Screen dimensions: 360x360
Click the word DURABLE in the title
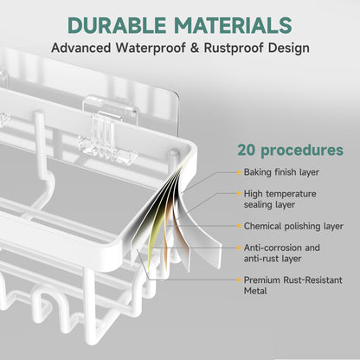pos(117,25)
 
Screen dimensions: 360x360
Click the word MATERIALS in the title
pos(233,25)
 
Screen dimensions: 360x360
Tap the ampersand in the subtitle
pos(195,48)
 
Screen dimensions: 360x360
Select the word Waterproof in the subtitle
pos(151,48)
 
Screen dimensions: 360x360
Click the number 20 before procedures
pos(247,150)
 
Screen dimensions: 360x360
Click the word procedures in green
pos(302,151)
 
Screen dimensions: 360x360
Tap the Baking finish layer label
pos(281,172)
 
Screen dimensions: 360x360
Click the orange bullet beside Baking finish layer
pos(239,172)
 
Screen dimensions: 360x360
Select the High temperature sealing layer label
pos(280,199)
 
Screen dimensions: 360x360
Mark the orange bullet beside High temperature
pos(239,194)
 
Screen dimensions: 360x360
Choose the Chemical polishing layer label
pos(293,226)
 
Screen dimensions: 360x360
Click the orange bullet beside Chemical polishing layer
pos(239,226)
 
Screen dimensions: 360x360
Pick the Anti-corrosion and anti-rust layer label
pos(282,253)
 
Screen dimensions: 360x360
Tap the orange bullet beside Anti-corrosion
pos(239,247)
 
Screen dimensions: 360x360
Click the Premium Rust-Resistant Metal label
pos(292,286)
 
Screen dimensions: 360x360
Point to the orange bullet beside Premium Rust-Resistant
pos(239,280)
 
